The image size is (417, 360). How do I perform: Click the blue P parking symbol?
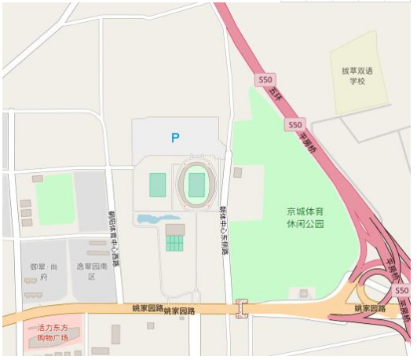[x=175, y=138]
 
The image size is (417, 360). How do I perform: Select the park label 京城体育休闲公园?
[x=305, y=218]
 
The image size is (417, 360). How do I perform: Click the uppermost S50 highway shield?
[x=266, y=79]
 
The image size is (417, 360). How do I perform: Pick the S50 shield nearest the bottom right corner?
[x=402, y=290]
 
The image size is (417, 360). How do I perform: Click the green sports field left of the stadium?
[x=158, y=186]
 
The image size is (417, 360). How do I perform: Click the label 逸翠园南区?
[x=91, y=271]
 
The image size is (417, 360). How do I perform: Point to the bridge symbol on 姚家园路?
[x=243, y=310]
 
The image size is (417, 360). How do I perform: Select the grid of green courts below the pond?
[x=174, y=243]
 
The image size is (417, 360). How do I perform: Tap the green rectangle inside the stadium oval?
[x=196, y=186]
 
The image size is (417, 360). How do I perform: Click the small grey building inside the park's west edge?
[x=238, y=171]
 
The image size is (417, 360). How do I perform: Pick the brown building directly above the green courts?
[x=174, y=230]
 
